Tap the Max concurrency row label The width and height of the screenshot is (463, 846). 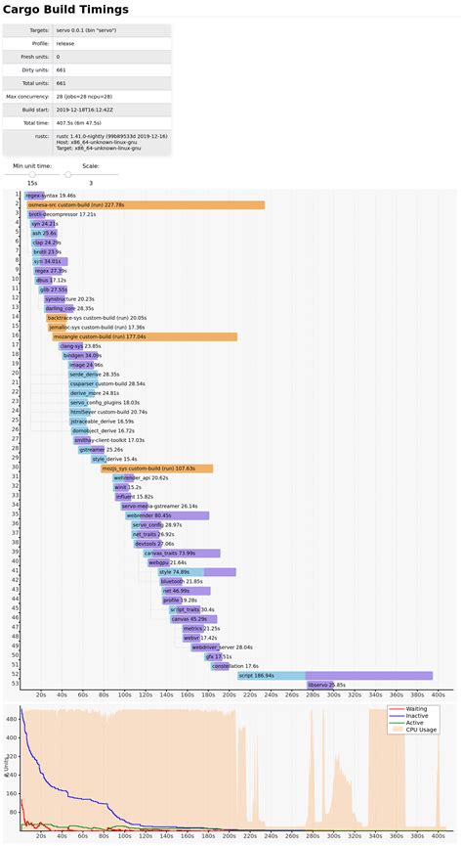coord(25,96)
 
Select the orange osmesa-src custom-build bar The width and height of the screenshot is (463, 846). coord(146,204)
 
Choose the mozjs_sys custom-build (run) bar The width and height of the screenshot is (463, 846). coord(156,468)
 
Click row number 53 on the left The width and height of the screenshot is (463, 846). coord(16,685)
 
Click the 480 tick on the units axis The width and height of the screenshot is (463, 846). coord(13,719)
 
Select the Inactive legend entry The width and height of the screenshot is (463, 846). coord(417,715)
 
